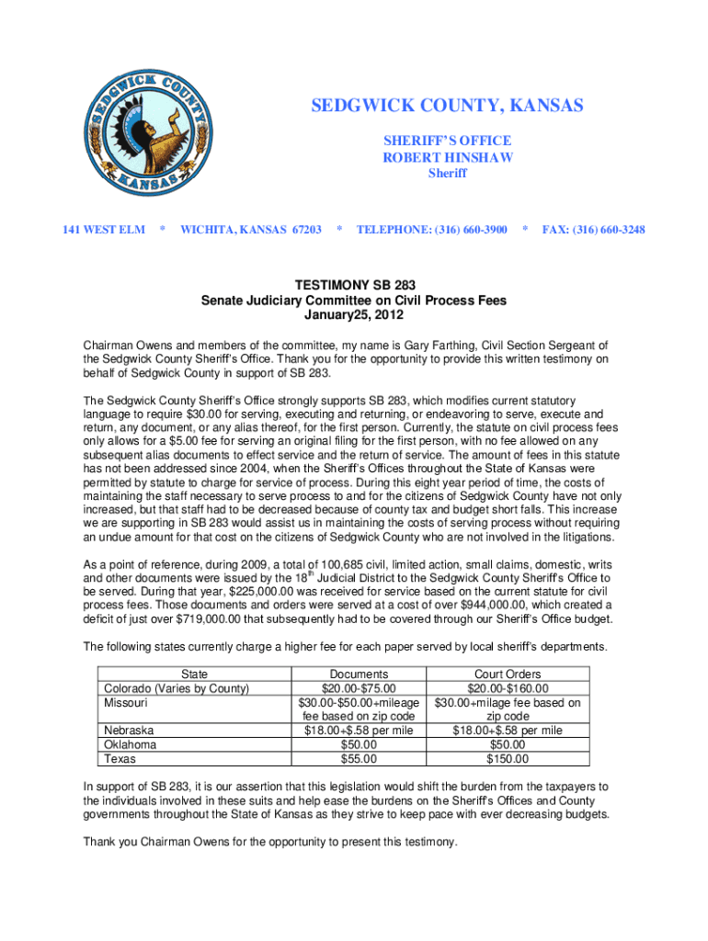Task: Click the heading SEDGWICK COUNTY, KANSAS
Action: (447, 107)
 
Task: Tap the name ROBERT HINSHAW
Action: (447, 157)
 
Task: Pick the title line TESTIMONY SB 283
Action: (354, 286)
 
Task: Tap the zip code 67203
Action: (303, 229)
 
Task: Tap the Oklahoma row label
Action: (130, 744)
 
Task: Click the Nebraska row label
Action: (129, 731)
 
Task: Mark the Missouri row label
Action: (127, 703)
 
